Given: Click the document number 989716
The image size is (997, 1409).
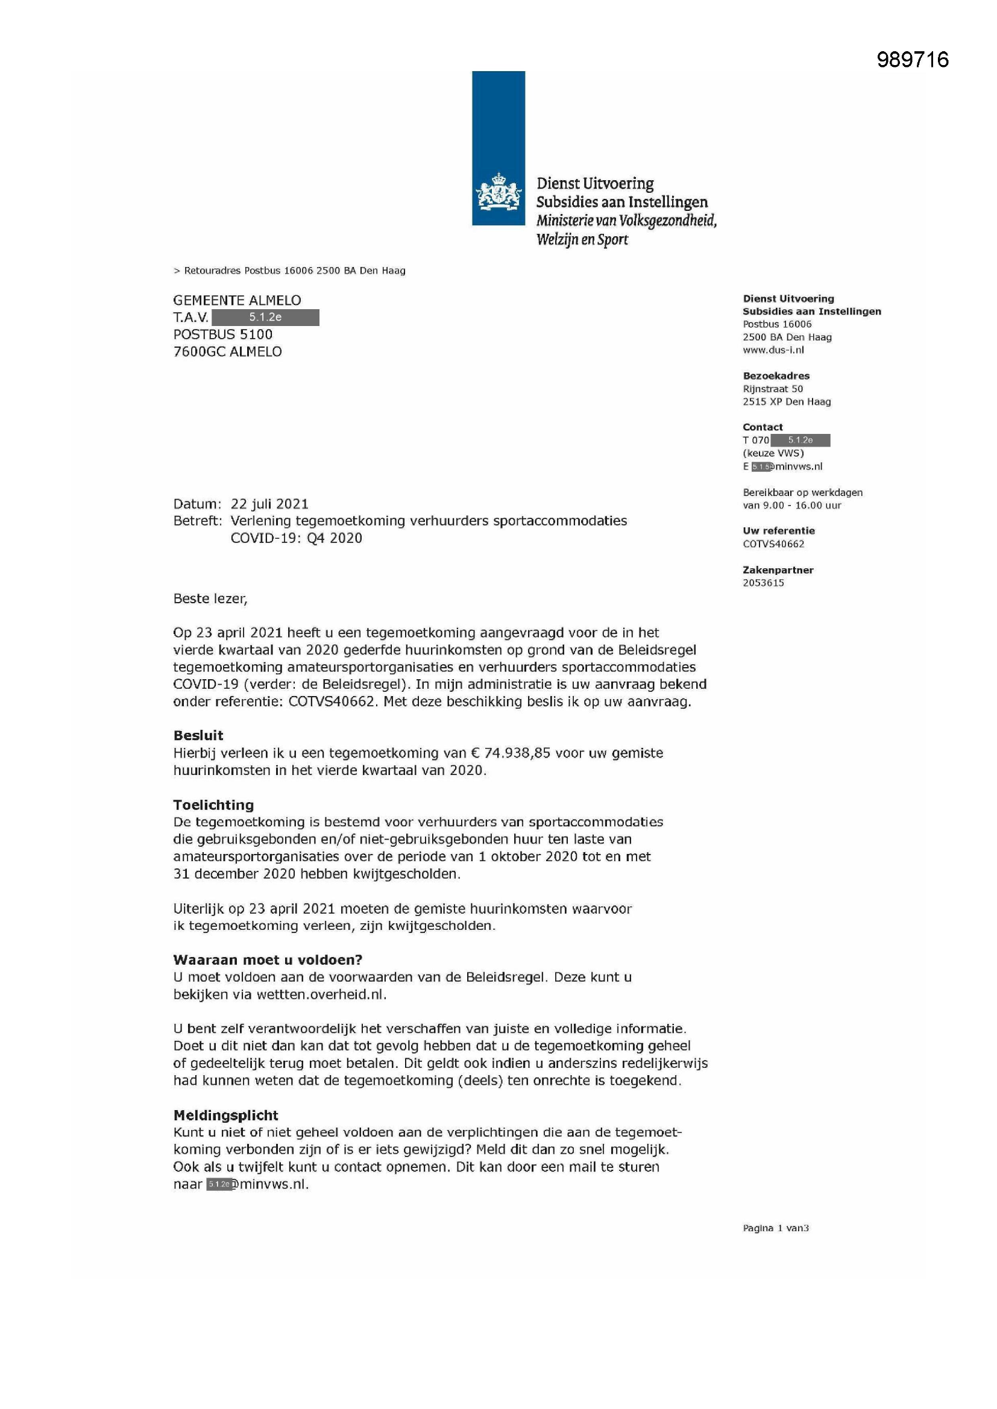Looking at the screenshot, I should click(x=912, y=60).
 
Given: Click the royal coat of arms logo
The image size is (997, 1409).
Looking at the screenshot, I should click(x=498, y=192).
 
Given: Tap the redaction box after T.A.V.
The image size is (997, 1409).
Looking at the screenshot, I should click(x=265, y=318).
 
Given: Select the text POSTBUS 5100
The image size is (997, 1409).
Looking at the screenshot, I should click(x=223, y=334).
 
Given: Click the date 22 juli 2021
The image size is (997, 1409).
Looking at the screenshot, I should click(x=269, y=504).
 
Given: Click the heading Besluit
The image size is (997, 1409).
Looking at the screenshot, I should click(x=198, y=735).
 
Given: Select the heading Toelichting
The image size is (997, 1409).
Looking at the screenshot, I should click(x=213, y=805).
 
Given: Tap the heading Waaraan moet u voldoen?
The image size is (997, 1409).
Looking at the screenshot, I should click(x=268, y=960).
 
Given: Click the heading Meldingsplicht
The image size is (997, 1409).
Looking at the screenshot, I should click(x=225, y=1115).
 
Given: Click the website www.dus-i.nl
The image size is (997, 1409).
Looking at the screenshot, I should click(x=773, y=350).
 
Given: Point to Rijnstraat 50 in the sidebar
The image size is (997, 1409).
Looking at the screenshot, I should click(x=772, y=389).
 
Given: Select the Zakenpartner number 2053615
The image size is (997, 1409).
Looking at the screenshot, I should click(x=763, y=582).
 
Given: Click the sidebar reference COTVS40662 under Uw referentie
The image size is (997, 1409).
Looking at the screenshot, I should click(x=773, y=544).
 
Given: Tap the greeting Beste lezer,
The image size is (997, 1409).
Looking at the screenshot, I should click(x=210, y=598).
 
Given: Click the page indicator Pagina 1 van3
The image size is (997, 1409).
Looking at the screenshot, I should click(x=775, y=1228).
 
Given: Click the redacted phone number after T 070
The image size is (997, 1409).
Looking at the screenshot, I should click(x=800, y=440).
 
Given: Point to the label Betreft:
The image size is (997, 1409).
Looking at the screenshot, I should click(x=197, y=521).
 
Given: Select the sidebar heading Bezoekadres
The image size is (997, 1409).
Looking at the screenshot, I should click(x=776, y=375).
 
